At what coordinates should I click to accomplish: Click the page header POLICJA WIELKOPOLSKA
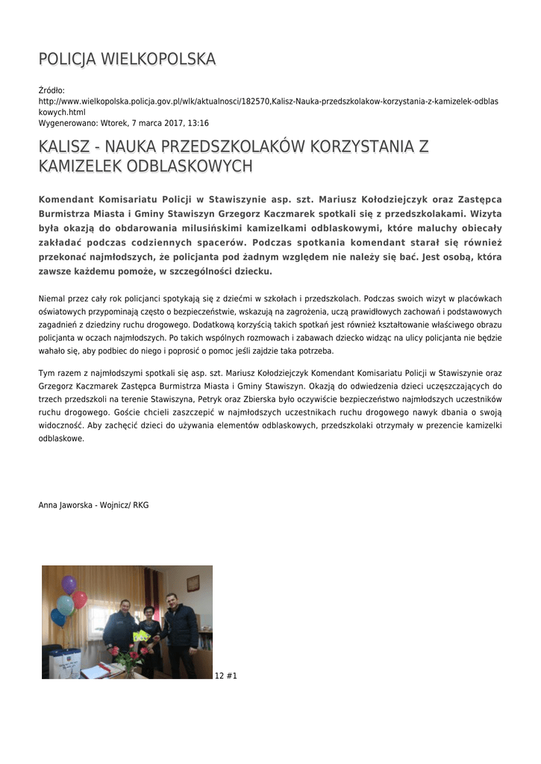pyautogui.click(x=127, y=59)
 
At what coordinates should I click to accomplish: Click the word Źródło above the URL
pyautogui.click(x=51, y=90)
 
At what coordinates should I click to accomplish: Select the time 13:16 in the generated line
pyautogui.click(x=198, y=123)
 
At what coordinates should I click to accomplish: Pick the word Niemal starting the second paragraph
pyautogui.click(x=51, y=298)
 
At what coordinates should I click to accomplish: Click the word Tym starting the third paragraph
pyautogui.click(x=46, y=372)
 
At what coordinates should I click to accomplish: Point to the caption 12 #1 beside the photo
pyautogui.click(x=226, y=676)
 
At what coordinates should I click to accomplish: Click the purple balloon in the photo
pyautogui.click(x=69, y=584)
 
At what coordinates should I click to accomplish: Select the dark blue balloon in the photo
pyautogui.click(x=57, y=617)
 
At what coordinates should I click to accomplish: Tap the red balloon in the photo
pyautogui.click(x=80, y=599)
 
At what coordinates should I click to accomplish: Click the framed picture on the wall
pyautogui.click(x=193, y=583)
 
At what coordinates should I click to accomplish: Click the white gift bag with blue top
pyautogui.click(x=63, y=663)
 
